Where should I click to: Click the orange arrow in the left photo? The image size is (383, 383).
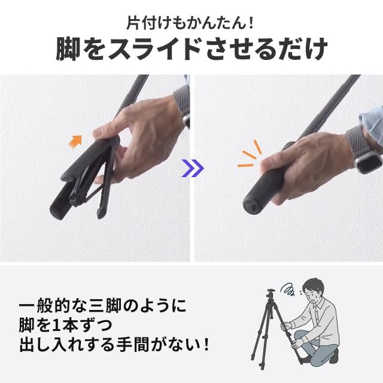tap(76, 141)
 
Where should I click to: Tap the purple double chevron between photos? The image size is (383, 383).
tap(193, 168)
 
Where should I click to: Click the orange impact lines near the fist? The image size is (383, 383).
tap(249, 155)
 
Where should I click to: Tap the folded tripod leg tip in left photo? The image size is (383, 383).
tap(101, 214)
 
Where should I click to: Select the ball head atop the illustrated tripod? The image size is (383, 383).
tap(270, 293)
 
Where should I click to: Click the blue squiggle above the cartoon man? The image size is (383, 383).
tap(288, 290)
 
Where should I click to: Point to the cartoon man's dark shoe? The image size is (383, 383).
tap(333, 357)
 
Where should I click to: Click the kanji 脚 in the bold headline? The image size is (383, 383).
tap(68, 49)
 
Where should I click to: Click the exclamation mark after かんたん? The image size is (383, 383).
tap(251, 24)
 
